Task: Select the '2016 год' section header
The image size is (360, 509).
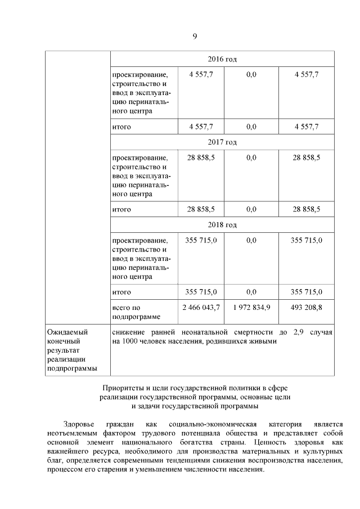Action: click(222, 59)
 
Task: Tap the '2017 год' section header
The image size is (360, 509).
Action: click(222, 142)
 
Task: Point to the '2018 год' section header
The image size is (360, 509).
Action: click(222, 224)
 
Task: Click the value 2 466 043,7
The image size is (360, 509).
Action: click(201, 308)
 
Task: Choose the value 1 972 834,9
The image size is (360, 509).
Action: click(251, 308)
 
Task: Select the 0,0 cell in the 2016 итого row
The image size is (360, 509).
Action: click(251, 127)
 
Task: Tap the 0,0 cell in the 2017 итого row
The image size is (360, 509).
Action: click(251, 209)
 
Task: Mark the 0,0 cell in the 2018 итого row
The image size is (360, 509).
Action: click(251, 292)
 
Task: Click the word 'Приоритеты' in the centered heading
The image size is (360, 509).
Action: click(122, 388)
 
